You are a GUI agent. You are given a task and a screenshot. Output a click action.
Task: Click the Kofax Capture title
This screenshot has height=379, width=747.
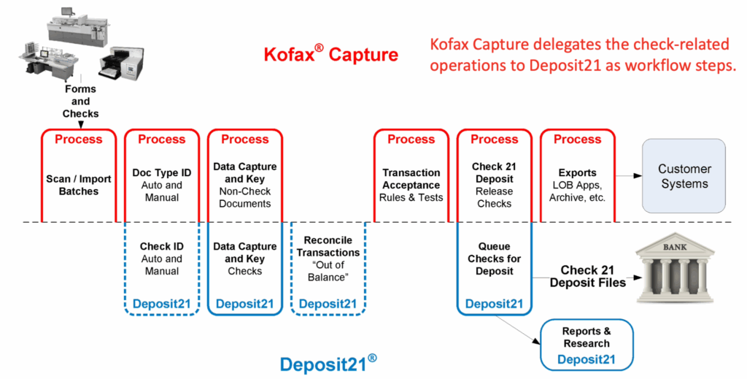click(330, 55)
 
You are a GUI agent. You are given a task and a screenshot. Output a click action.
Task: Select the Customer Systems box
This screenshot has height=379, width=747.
click(684, 176)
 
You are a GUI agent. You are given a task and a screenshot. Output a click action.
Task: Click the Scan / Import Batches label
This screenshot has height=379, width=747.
click(79, 185)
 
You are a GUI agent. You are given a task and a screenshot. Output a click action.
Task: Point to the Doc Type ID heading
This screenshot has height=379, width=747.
click(162, 172)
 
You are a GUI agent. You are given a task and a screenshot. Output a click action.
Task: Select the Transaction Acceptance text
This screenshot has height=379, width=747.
click(411, 179)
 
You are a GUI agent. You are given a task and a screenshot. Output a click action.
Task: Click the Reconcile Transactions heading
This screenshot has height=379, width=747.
click(328, 246)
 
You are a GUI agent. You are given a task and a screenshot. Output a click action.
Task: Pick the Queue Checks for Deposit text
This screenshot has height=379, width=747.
click(494, 259)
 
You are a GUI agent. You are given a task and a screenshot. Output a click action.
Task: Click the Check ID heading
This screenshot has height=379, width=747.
click(162, 246)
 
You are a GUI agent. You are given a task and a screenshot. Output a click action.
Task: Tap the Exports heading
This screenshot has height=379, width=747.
click(577, 173)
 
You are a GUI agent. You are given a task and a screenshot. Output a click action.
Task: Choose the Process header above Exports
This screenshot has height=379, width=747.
click(577, 139)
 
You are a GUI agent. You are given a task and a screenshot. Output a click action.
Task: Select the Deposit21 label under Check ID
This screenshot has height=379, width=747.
click(162, 304)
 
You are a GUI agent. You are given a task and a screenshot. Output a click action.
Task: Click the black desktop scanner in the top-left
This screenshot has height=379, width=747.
click(118, 63)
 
